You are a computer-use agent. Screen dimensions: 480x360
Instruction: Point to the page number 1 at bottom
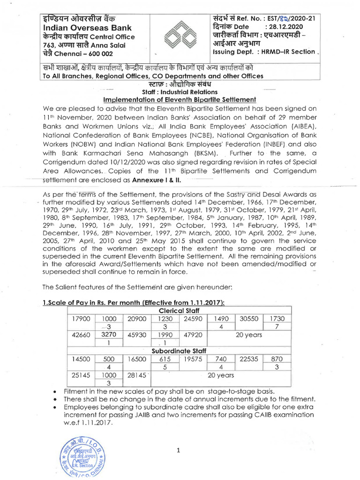click(179, 451)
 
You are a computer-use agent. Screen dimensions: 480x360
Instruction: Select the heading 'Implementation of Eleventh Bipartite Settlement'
click(180, 99)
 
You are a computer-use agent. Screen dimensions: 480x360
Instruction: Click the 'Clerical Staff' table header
click(180, 310)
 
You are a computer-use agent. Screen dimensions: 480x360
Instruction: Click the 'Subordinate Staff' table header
click(180, 350)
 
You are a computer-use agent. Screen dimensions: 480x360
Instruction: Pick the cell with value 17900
click(81, 318)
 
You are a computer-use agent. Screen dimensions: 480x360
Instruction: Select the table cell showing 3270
click(108, 335)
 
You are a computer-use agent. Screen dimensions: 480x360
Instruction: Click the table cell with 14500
click(81, 359)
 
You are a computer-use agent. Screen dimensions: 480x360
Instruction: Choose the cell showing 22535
click(249, 359)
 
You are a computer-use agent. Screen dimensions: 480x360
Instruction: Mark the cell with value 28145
click(137, 375)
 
